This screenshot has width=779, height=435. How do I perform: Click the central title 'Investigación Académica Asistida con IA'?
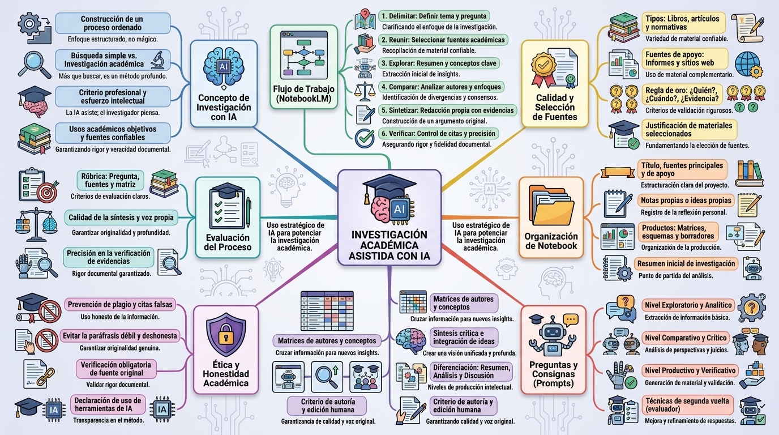pyautogui.click(x=389, y=245)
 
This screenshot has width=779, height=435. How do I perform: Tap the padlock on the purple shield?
pyautogui.click(x=226, y=334)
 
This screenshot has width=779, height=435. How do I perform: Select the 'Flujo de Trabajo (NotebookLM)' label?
pyautogui.click(x=303, y=94)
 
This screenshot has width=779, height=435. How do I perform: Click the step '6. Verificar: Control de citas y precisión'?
pyautogui.click(x=439, y=134)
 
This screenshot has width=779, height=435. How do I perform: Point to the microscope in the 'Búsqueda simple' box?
pyautogui.click(x=159, y=60)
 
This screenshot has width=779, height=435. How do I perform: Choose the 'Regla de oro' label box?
pyautogui.click(x=682, y=95)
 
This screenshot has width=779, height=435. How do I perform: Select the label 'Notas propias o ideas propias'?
pyautogui.click(x=686, y=201)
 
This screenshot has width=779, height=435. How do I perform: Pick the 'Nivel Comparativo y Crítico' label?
pyautogui.click(x=686, y=338)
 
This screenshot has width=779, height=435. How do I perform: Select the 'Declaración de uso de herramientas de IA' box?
pyautogui.click(x=108, y=404)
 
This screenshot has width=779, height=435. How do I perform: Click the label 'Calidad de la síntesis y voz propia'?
pyautogui.click(x=121, y=218)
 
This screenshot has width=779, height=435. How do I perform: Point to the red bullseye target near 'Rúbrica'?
pyautogui.click(x=48, y=192)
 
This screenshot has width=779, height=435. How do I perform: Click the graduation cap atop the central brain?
pyautogui.click(x=384, y=187)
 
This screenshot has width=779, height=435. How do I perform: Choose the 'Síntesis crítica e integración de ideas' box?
pyautogui.click(x=464, y=338)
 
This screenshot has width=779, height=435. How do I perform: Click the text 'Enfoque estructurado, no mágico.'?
pyautogui.click(x=113, y=39)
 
